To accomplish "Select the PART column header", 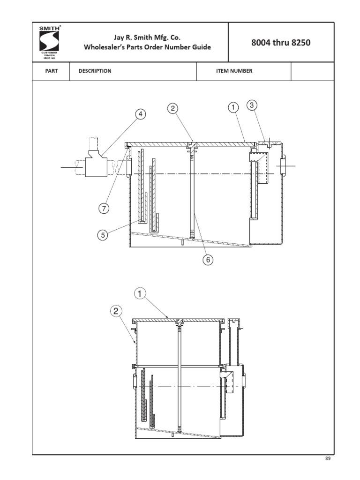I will tap(51, 71).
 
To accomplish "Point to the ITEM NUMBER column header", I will tap(234, 71).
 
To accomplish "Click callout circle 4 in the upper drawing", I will tap(140, 114).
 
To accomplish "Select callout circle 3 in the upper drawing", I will tap(252, 105).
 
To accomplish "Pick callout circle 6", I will tap(208, 259).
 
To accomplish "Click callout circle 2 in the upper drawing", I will tap(173, 108).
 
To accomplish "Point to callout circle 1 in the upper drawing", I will tap(232, 108).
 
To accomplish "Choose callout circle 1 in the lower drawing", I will tap(139, 294).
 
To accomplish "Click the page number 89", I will tap(328, 459).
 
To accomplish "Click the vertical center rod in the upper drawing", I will tap(192, 192).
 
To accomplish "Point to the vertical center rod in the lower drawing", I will tap(179, 375).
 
